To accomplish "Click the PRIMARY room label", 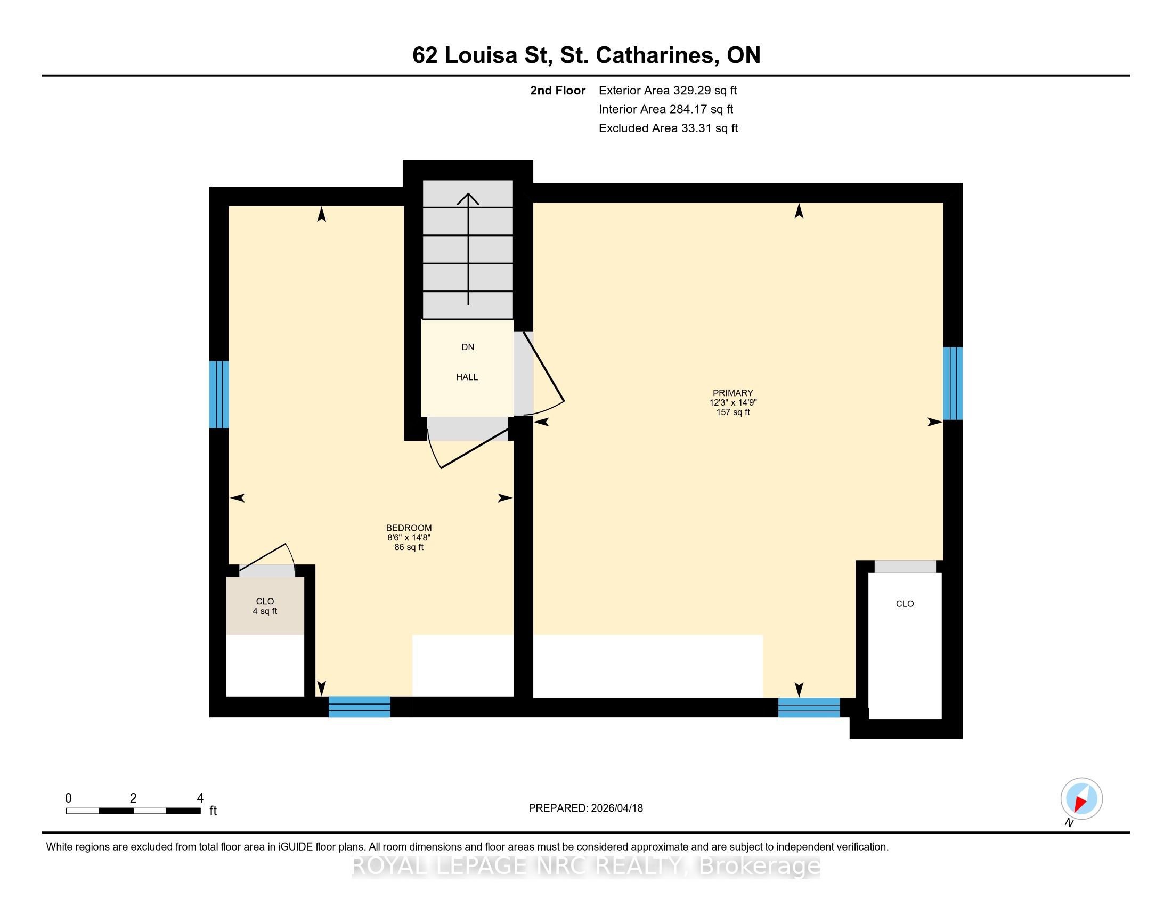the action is pyautogui.click(x=732, y=393).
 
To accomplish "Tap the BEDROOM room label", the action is pyautogui.click(x=409, y=528).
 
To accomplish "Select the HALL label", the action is pyautogui.click(x=467, y=377).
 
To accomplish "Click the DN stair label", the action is pyautogui.click(x=468, y=347).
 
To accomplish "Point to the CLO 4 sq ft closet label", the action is pyautogui.click(x=265, y=606).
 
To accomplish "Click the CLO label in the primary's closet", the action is pyautogui.click(x=905, y=604).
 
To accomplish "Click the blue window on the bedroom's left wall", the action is pyautogui.click(x=219, y=394).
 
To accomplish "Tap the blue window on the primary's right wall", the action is pyautogui.click(x=953, y=383).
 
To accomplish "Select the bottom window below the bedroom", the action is pyautogui.click(x=359, y=706).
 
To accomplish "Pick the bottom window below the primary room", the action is pyautogui.click(x=809, y=707).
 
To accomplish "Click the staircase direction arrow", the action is pyautogui.click(x=468, y=249).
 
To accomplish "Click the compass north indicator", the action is pyautogui.click(x=1082, y=799).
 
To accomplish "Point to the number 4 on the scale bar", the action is pyautogui.click(x=200, y=798).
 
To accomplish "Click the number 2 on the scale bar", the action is pyautogui.click(x=133, y=798).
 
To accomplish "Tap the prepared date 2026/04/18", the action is pyautogui.click(x=616, y=808).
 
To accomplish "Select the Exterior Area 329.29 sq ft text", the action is pyautogui.click(x=668, y=91).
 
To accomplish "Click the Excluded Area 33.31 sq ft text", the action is pyautogui.click(x=668, y=128).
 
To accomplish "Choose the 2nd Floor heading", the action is pyautogui.click(x=558, y=91).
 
